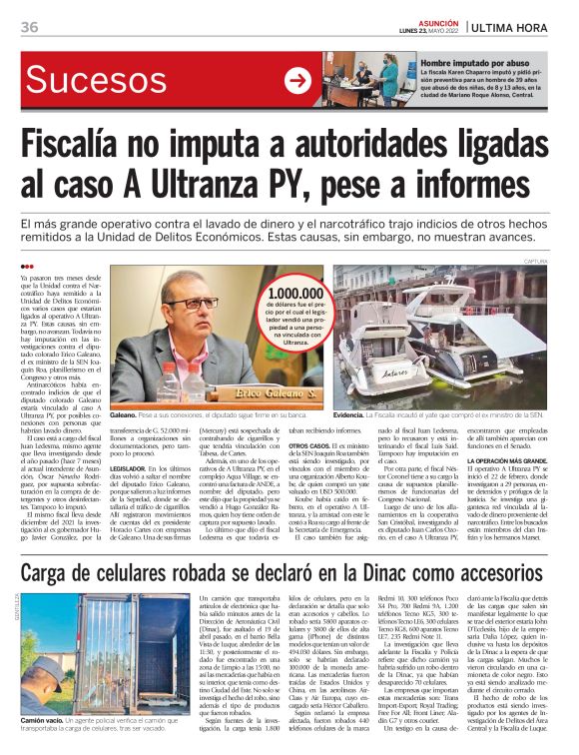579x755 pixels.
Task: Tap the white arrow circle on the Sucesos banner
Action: click(x=297, y=81)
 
